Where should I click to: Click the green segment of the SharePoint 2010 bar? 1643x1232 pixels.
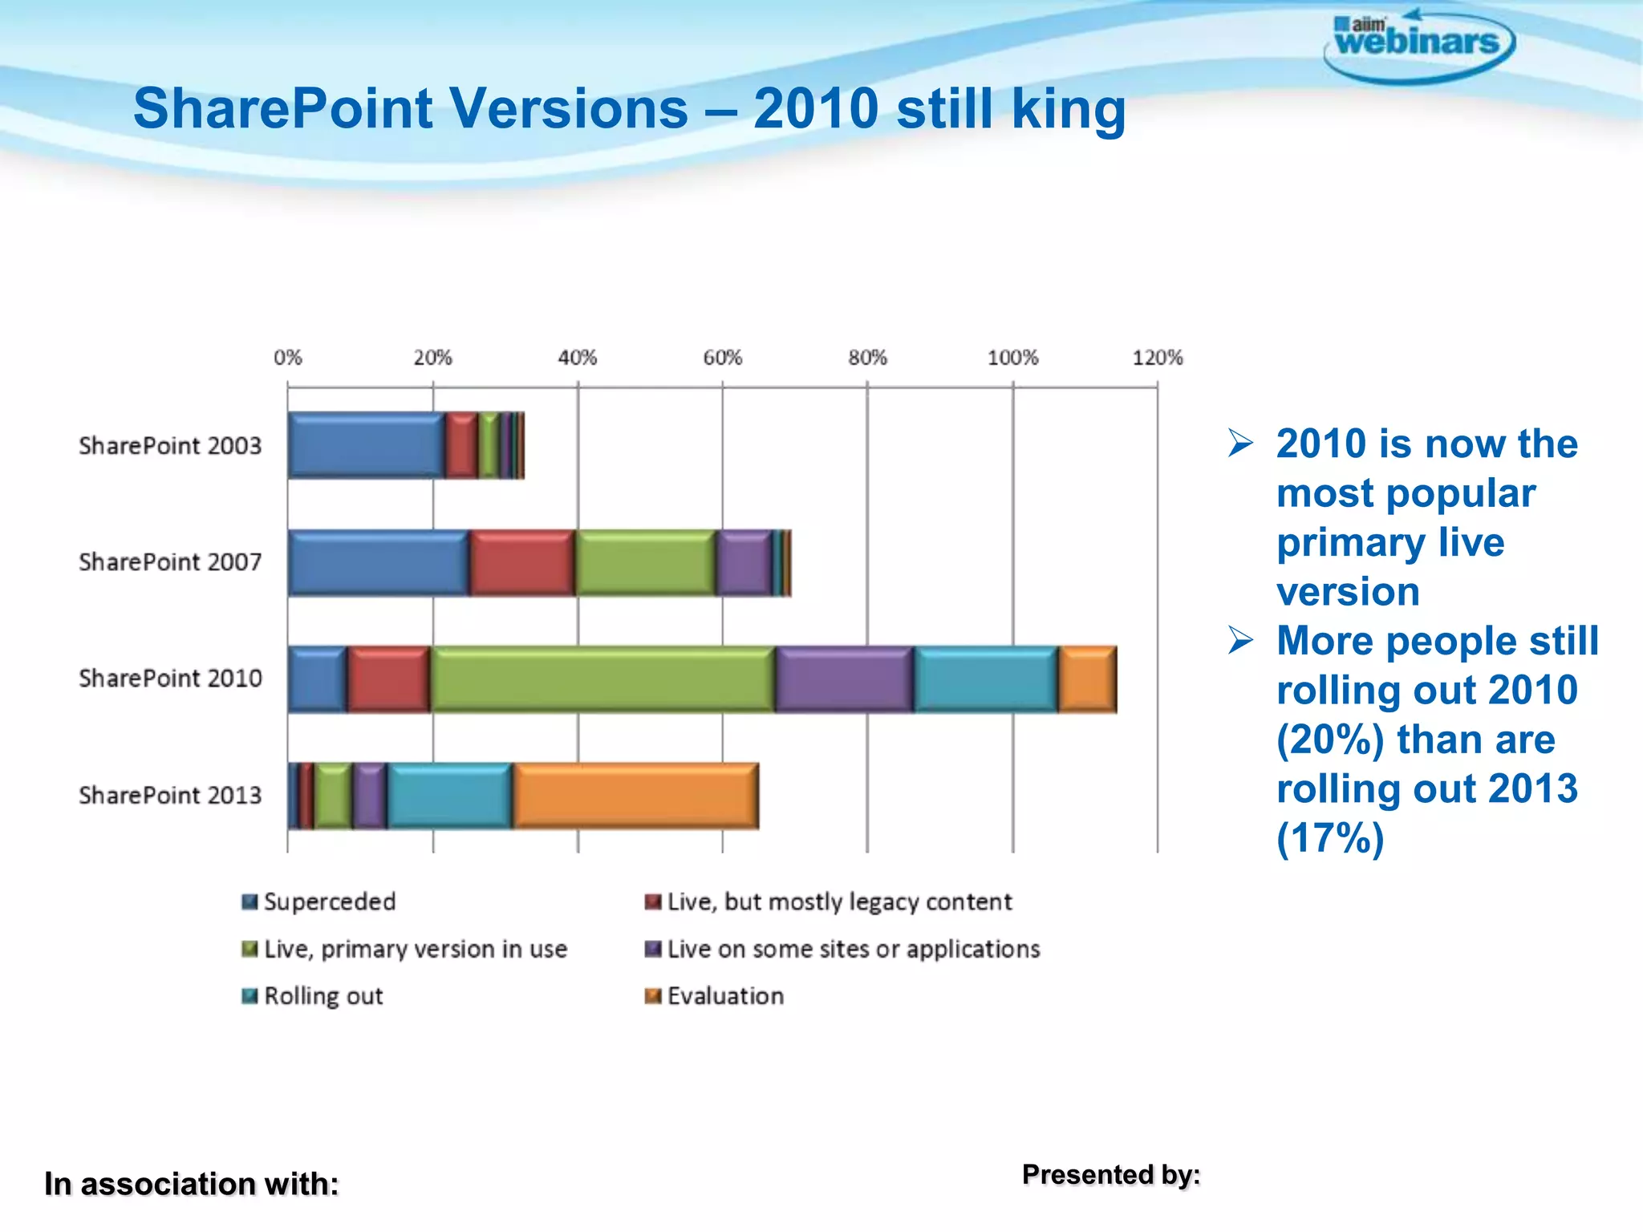tap(602, 679)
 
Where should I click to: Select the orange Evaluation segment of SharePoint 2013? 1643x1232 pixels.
tap(635, 795)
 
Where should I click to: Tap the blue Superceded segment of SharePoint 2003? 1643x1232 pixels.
tap(366, 445)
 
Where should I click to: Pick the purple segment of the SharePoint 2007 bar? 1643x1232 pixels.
tap(744, 562)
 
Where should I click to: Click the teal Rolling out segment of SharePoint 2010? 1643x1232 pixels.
tap(986, 679)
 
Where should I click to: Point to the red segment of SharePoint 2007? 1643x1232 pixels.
tap(521, 562)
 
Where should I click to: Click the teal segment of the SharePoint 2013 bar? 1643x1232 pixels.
tap(450, 795)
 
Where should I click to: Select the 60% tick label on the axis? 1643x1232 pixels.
tap(722, 358)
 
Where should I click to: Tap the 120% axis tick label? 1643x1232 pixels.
tap(1157, 358)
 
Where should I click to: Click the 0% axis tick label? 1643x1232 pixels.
tap(288, 358)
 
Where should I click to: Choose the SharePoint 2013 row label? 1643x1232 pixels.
tap(170, 795)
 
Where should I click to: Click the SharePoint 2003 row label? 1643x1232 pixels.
tap(170, 445)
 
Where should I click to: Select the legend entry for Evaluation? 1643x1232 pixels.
tap(715, 996)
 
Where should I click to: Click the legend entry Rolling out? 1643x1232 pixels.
tap(313, 996)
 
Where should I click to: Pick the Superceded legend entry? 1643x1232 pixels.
tap(319, 902)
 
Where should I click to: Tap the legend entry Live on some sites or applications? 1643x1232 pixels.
tap(842, 949)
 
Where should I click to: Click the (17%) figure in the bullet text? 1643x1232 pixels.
tap(1330, 838)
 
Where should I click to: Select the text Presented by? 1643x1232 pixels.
tap(1111, 1174)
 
